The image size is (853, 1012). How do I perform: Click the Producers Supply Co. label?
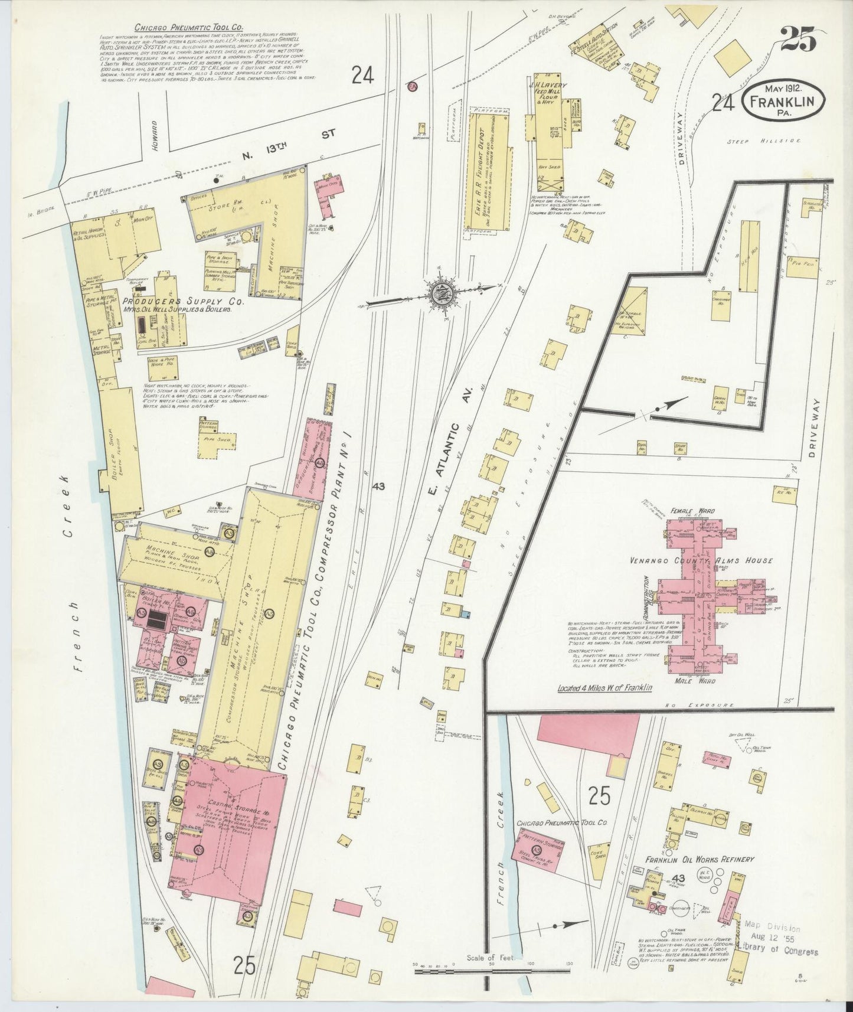[187, 302]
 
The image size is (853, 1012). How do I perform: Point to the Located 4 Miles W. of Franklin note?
[604, 688]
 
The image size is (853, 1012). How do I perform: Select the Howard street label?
[155, 129]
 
